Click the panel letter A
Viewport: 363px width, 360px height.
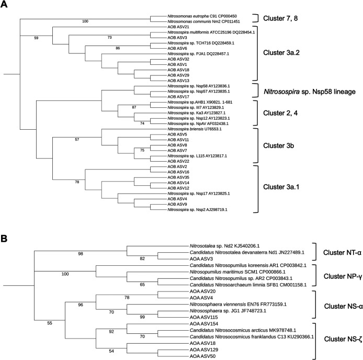tap(6, 6)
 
